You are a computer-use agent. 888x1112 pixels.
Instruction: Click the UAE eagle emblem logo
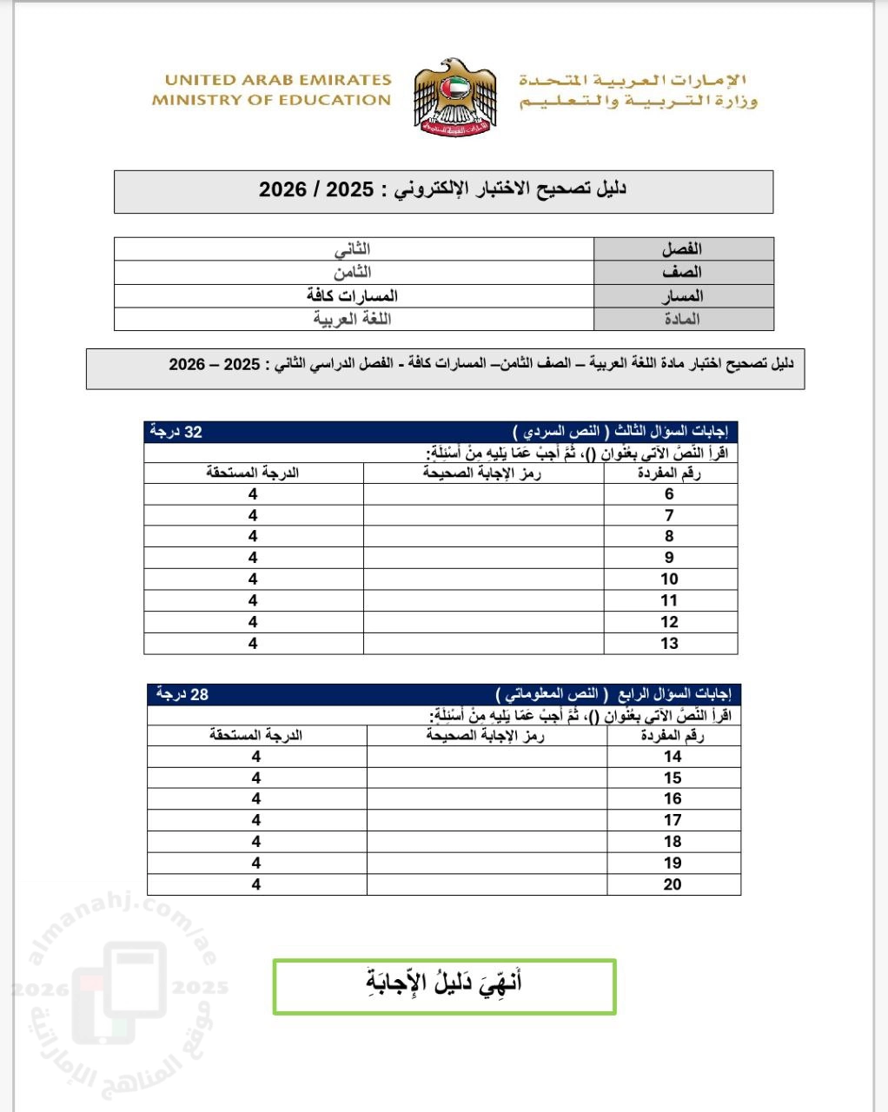pyautogui.click(x=454, y=96)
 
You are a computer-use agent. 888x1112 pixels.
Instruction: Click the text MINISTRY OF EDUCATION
pyautogui.click(x=271, y=100)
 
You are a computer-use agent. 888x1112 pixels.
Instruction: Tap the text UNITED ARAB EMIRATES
pyautogui.click(x=278, y=80)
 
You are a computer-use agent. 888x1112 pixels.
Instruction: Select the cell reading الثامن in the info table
pyautogui.click(x=352, y=272)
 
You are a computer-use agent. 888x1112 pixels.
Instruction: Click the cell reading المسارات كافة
pyautogui.click(x=352, y=295)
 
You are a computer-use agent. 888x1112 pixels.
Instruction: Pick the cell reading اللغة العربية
pyautogui.click(x=352, y=319)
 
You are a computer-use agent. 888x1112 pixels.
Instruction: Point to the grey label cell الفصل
pyautogui.click(x=682, y=249)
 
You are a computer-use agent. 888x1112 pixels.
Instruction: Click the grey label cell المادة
pyautogui.click(x=682, y=319)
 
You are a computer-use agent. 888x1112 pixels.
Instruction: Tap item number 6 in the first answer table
pyautogui.click(x=669, y=494)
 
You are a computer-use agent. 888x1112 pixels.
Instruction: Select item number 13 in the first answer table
pyautogui.click(x=669, y=644)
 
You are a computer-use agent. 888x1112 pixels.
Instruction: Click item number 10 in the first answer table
pyautogui.click(x=669, y=579)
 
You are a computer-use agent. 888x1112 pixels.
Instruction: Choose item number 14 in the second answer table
pyautogui.click(x=673, y=757)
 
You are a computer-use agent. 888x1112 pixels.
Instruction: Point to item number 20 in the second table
pyautogui.click(x=673, y=884)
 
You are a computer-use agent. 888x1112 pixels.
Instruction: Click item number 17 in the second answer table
pyautogui.click(x=673, y=820)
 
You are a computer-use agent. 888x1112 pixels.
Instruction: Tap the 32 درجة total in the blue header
pyautogui.click(x=176, y=432)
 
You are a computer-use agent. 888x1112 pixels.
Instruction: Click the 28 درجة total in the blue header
pyautogui.click(x=182, y=694)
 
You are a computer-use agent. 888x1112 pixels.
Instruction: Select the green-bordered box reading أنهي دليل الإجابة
pyautogui.click(x=444, y=986)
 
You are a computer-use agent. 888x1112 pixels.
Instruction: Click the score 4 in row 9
pyautogui.click(x=253, y=558)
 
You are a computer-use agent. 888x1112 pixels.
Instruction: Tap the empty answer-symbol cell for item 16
pyautogui.click(x=487, y=799)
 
